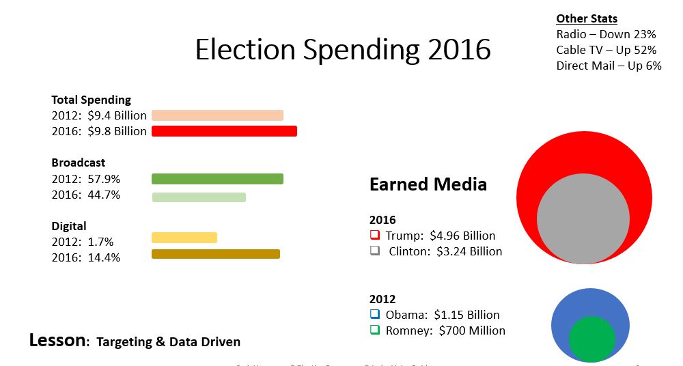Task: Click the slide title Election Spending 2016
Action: [x=343, y=50]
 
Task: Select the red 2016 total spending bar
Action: [x=224, y=131]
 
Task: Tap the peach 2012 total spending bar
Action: [x=217, y=115]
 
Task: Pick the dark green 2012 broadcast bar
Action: [x=217, y=179]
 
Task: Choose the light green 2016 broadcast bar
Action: [x=198, y=197]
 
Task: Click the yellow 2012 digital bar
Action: [x=184, y=238]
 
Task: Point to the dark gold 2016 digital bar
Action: [x=215, y=254]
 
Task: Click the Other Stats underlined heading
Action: [x=587, y=18]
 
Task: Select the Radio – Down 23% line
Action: [x=606, y=34]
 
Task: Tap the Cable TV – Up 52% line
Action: [x=607, y=50]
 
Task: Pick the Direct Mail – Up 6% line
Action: [x=609, y=66]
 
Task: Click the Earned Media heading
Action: [x=428, y=184]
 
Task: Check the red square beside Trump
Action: [x=375, y=235]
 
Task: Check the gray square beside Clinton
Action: [x=375, y=251]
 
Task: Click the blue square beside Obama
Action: [x=375, y=314]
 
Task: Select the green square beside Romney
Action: [x=375, y=330]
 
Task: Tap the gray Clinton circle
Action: [x=583, y=218]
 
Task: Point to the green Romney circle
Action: [x=591, y=339]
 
